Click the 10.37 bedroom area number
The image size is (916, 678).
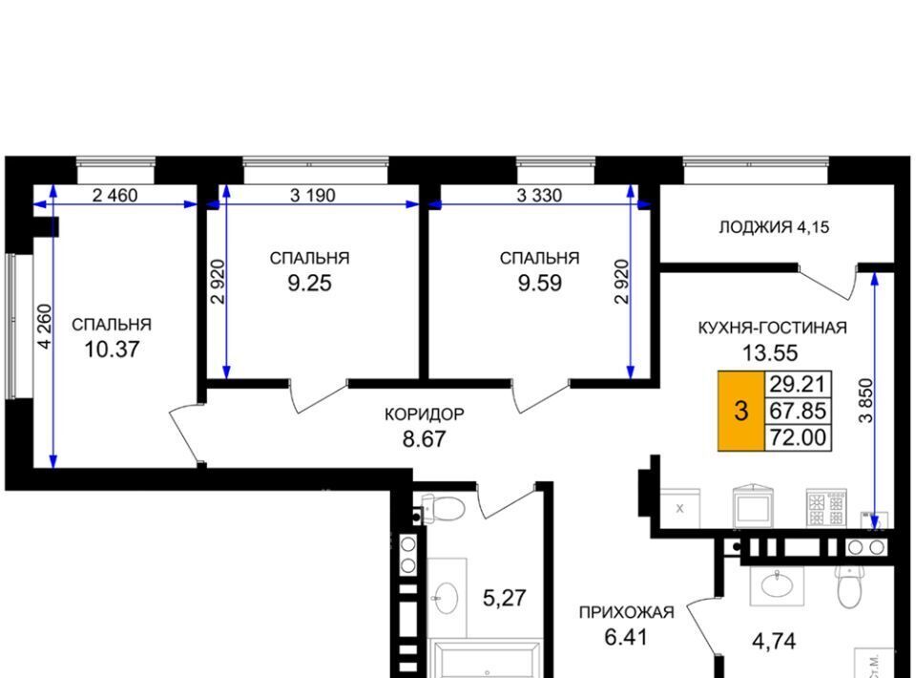[112, 350]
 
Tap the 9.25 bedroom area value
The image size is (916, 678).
[309, 283]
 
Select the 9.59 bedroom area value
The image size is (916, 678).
[540, 283]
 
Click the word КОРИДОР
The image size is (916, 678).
[424, 414]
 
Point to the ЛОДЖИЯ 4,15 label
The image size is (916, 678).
[774, 226]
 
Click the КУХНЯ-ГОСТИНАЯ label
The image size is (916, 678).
[772, 328]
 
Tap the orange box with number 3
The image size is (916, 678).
[741, 411]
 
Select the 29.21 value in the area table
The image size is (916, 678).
[798, 384]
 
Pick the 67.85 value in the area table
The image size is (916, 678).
[798, 411]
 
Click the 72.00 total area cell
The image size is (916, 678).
[798, 436]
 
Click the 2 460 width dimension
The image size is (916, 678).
[115, 195]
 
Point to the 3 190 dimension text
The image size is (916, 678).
[313, 195]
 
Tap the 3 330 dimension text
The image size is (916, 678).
[539, 195]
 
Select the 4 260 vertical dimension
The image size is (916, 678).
[45, 327]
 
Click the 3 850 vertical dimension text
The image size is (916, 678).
[865, 400]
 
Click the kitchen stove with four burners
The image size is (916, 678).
[826, 507]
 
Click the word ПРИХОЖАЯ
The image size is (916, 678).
[626, 612]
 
